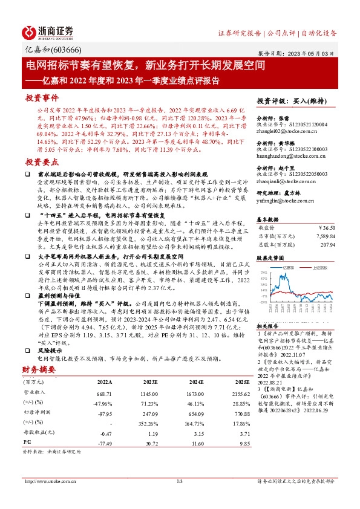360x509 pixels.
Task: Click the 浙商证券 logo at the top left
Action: tap(48, 32)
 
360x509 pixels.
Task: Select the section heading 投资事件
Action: tap(42, 97)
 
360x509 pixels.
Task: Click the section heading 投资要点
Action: tap(42, 162)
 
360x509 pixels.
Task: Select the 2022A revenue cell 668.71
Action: tap(105, 394)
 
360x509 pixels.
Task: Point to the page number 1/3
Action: tap(180, 482)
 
